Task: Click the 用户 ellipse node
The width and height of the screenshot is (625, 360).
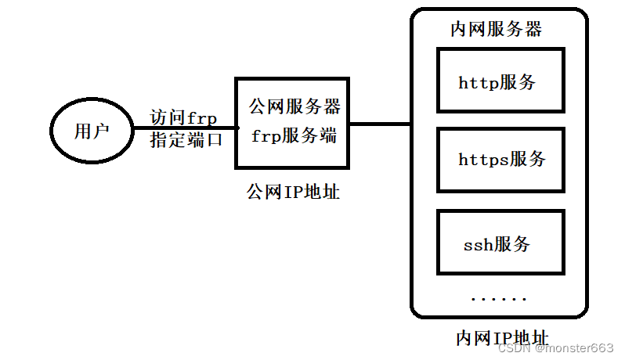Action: point(91,131)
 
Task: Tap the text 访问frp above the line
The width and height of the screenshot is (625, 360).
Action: point(184,117)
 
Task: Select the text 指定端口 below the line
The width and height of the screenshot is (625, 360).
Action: point(186,141)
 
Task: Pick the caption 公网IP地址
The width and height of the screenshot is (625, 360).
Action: point(294,191)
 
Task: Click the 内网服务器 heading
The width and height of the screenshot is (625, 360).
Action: point(497,30)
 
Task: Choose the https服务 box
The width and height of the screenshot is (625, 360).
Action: point(500,160)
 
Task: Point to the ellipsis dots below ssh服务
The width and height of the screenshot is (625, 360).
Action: point(498,298)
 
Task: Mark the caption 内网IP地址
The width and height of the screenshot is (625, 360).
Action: point(502,338)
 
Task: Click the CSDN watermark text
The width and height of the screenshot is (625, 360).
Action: point(515,348)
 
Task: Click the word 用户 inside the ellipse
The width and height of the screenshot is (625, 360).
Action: point(91,131)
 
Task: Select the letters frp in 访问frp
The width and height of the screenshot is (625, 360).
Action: point(202,118)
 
